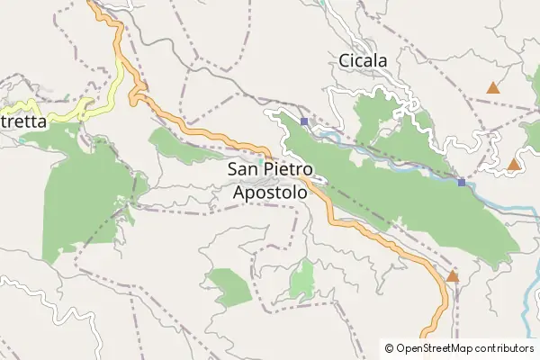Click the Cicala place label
[363, 61]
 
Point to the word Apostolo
[269, 192]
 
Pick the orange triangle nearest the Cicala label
[492, 87]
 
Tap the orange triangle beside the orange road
[453, 276]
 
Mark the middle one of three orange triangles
[513, 164]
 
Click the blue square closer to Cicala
[305, 121]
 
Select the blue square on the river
[462, 183]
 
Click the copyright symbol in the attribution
[389, 347]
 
